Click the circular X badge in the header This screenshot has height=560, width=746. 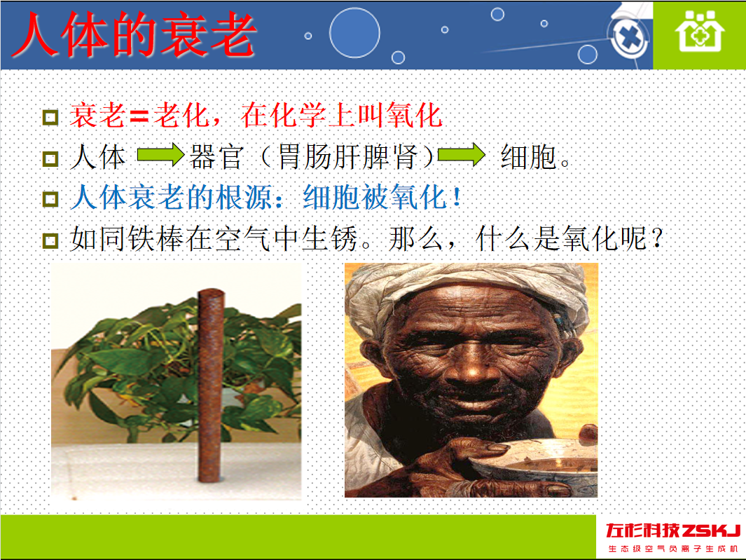tap(629, 36)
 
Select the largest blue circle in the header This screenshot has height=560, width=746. tap(354, 33)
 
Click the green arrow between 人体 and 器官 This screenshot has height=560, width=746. tap(160, 155)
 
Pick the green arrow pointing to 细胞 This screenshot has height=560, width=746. tap(461, 155)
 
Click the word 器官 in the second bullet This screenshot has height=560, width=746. tap(217, 157)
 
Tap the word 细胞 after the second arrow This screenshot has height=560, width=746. tap(529, 157)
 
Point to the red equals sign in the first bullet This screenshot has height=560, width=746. tap(139, 116)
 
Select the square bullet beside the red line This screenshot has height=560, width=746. tap(50, 117)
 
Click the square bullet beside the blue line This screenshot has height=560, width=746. tap(50, 198)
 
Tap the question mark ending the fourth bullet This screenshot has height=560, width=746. tap(657, 238)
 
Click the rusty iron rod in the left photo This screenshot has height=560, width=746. tap(211, 385)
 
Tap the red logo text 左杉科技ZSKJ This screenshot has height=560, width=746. tap(672, 530)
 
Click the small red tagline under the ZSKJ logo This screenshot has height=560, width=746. tap(672, 549)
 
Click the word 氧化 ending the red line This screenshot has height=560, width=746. tap(415, 116)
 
